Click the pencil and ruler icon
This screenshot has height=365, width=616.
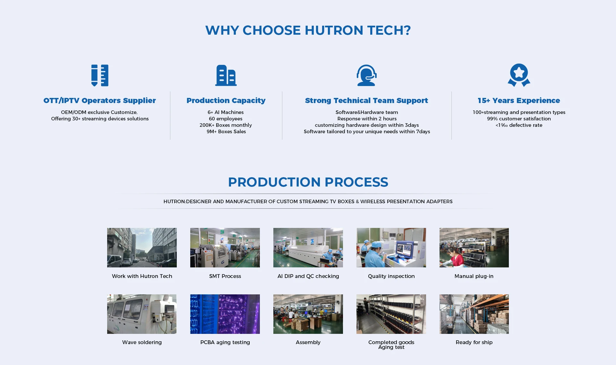pyautogui.click(x=100, y=75)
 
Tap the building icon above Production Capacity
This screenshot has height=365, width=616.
pyautogui.click(x=226, y=75)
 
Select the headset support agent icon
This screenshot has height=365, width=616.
pyautogui.click(x=366, y=75)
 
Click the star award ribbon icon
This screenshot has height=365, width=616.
pyautogui.click(x=519, y=75)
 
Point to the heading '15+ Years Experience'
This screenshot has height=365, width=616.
pyautogui.click(x=519, y=100)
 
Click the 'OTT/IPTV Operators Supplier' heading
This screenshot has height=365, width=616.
pyautogui.click(x=100, y=100)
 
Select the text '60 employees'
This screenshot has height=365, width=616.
pyautogui.click(x=226, y=119)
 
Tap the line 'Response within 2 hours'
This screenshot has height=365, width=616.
pyautogui.click(x=367, y=119)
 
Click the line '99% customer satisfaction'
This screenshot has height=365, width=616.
pyautogui.click(x=519, y=119)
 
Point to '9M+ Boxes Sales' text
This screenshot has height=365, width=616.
pyautogui.click(x=226, y=132)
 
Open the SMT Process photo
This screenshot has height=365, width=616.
pyautogui.click(x=225, y=248)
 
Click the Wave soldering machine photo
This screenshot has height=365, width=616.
pyautogui.click(x=142, y=314)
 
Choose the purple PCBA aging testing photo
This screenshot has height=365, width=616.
pyautogui.click(x=225, y=314)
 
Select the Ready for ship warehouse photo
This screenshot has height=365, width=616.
pyautogui.click(x=474, y=314)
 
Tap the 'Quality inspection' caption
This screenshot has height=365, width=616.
pyautogui.click(x=391, y=276)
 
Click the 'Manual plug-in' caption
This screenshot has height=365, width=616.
pyautogui.click(x=474, y=276)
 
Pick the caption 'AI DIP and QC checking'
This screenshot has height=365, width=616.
pyautogui.click(x=308, y=276)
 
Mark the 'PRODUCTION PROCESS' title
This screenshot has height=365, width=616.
pyautogui.click(x=308, y=182)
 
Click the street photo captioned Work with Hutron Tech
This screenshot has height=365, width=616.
pyautogui.click(x=142, y=248)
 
